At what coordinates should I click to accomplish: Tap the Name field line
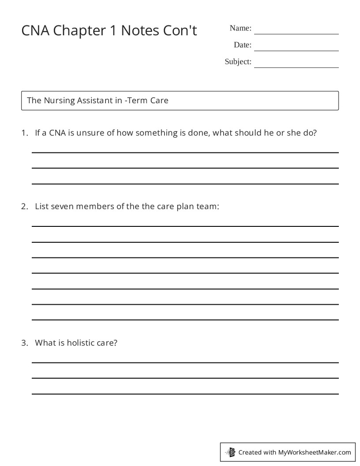pos(296,33)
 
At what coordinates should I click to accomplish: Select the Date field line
pos(296,50)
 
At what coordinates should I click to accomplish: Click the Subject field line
pos(296,67)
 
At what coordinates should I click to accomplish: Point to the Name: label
pos(240,28)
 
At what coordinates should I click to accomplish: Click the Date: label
pos(243,45)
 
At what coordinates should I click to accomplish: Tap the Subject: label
pos(238,62)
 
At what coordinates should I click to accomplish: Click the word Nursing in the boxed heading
pos(60,101)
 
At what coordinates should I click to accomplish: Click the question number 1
pos(24,133)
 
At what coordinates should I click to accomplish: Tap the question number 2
pos(24,206)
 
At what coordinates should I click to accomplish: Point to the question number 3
pos(24,342)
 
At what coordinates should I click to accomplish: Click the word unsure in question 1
pos(90,133)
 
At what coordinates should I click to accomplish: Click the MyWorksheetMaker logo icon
pos(230,452)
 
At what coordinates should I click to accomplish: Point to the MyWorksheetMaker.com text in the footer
pos(315,452)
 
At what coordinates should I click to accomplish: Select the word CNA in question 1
pos(57,133)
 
